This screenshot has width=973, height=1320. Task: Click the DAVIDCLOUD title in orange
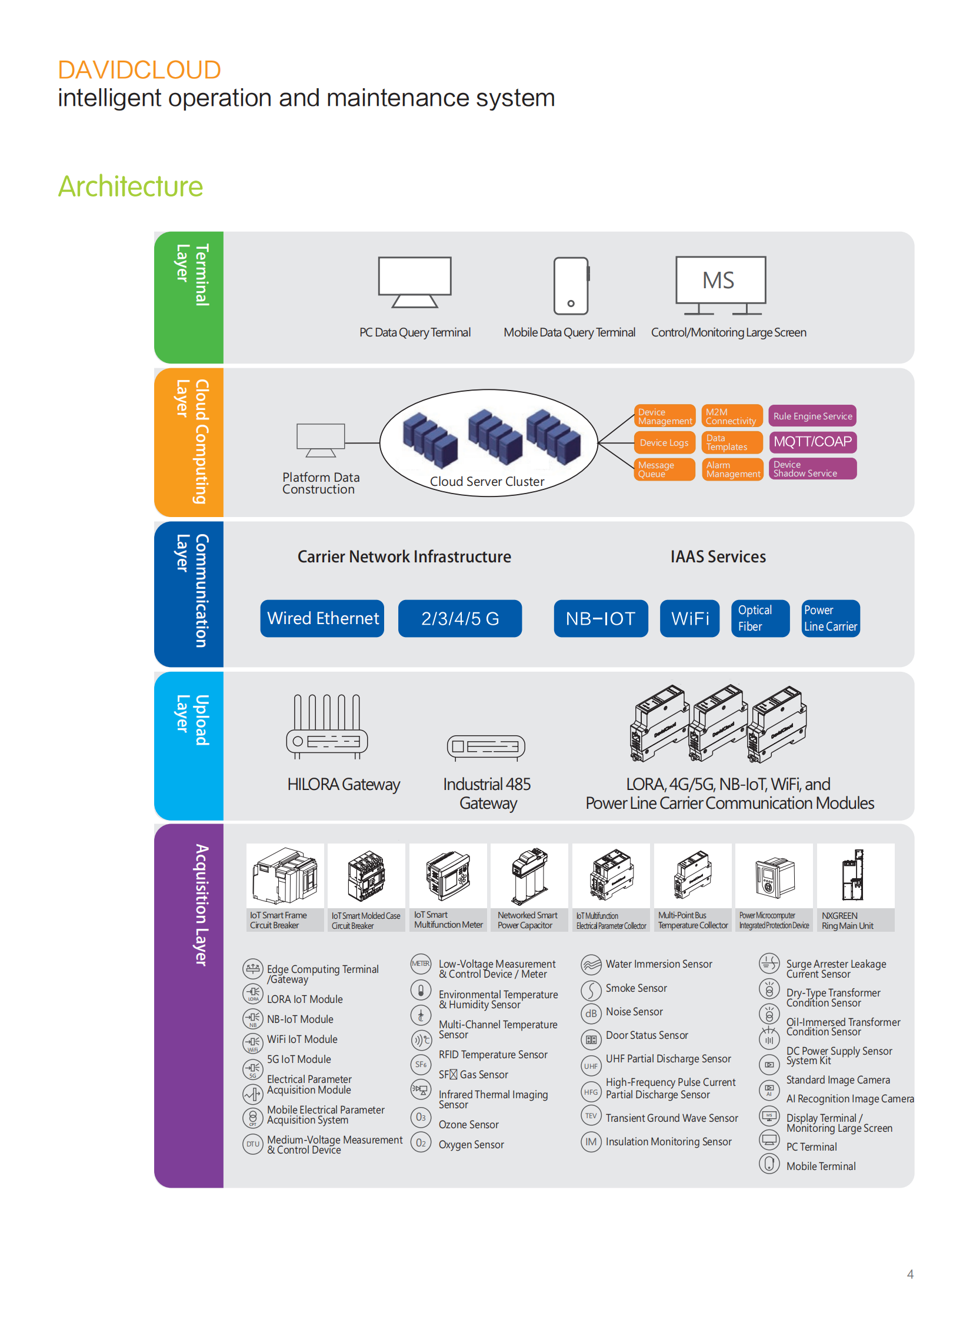(x=139, y=70)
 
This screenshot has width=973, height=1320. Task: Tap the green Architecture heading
(x=130, y=186)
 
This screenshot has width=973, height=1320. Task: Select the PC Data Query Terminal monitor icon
(x=415, y=282)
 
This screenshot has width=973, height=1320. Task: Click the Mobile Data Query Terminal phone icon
(x=571, y=286)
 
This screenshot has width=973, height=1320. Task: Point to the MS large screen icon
(x=720, y=285)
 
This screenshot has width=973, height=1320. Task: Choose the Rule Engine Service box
(x=812, y=416)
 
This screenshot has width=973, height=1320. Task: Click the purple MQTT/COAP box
(x=812, y=442)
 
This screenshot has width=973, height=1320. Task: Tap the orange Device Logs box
(x=664, y=443)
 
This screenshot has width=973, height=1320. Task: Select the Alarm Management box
(x=732, y=469)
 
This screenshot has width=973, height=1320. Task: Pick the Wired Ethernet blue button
(x=322, y=618)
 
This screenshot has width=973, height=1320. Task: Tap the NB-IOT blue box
(x=601, y=618)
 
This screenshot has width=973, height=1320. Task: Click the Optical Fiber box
(x=760, y=618)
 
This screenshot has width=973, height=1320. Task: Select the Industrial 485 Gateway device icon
(x=486, y=747)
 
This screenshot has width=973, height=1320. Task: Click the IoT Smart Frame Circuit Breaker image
(x=285, y=875)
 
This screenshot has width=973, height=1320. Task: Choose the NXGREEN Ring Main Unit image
(x=855, y=875)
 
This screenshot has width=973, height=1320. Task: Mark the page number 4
(x=910, y=1274)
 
